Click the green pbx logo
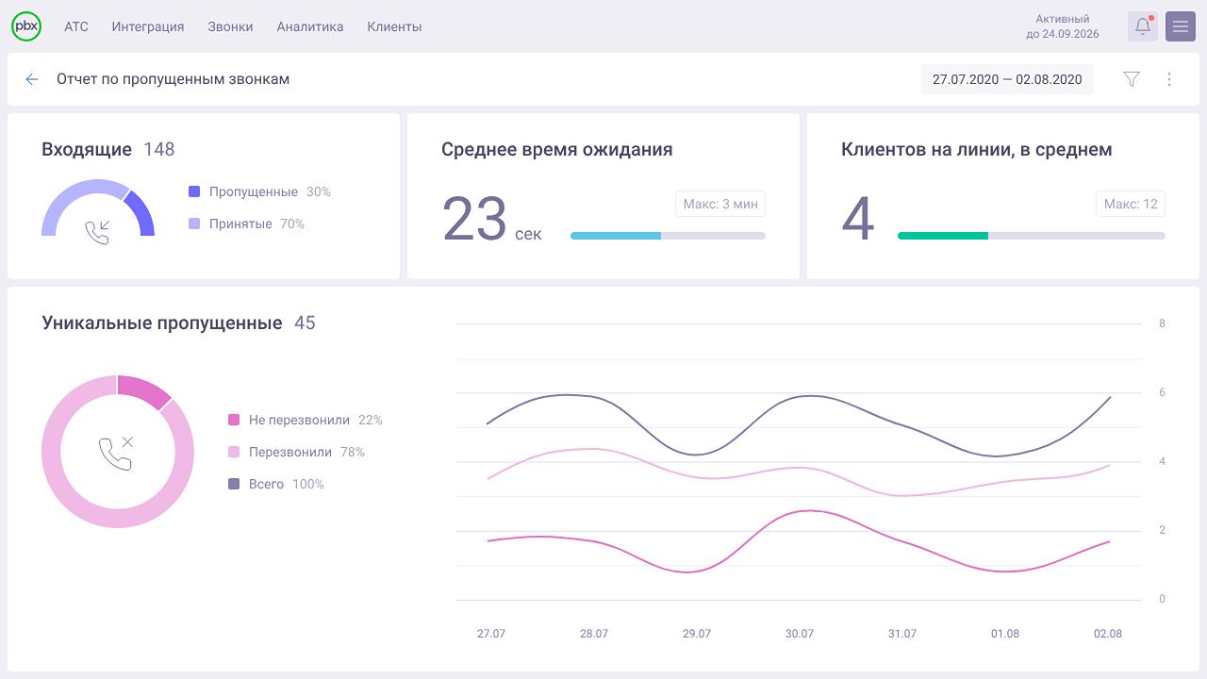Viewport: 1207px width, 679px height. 26,26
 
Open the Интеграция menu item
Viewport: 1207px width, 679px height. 148,26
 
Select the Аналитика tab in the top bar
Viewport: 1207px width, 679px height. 310,26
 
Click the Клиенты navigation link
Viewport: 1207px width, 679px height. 394,26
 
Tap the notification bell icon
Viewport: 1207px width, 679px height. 1143,26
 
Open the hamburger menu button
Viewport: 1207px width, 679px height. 1181,26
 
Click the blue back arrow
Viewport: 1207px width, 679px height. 32,79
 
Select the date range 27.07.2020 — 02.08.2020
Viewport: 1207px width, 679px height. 1007,79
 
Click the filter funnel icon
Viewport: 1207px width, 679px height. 1132,79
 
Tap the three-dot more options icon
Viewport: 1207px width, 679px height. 1169,79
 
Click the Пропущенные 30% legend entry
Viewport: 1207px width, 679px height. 259,191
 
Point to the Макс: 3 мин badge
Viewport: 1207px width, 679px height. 720,204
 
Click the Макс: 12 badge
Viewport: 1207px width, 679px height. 1131,204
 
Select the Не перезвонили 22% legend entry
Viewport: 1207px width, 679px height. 306,420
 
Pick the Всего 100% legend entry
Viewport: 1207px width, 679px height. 276,484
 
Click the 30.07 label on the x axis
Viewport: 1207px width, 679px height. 800,634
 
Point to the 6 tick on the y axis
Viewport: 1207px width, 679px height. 1162,392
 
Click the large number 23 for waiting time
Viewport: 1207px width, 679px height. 474,220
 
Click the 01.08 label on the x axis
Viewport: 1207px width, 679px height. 1005,634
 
